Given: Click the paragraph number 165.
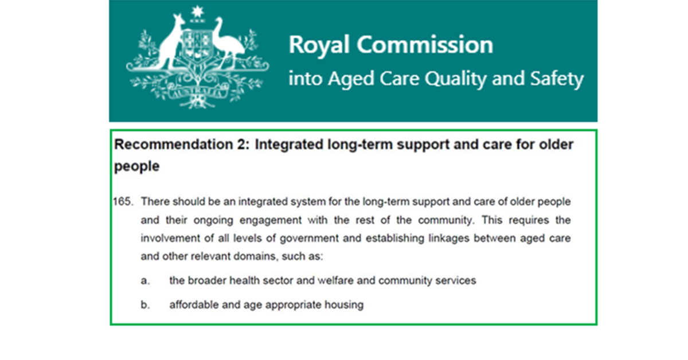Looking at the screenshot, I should [123, 202].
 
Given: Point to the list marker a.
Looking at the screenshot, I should [145, 281].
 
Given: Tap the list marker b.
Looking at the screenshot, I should [145, 305].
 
